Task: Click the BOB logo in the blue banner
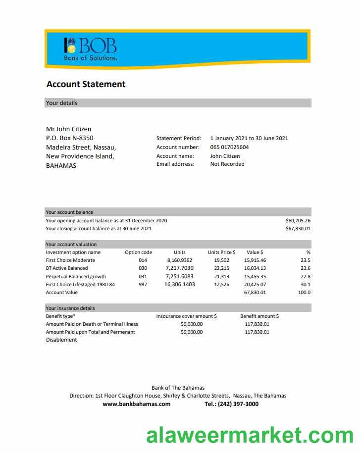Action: coord(91,49)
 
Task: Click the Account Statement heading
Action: coord(86,84)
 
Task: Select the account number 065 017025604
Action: coord(229,147)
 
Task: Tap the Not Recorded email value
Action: coord(227,164)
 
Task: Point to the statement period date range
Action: coord(249,138)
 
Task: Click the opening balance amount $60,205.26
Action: coord(298,220)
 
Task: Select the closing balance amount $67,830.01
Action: coord(298,229)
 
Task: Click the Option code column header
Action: coord(138,252)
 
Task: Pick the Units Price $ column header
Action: coord(221,252)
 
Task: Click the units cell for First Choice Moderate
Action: coord(179,260)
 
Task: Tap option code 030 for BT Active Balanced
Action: coord(143,268)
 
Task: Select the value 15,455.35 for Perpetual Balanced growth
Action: coord(255,276)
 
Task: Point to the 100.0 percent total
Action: coord(304,293)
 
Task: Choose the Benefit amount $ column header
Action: coord(259,316)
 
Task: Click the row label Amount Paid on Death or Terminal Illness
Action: coord(92,324)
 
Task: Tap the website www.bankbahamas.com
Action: coord(136,404)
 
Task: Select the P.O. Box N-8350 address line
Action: coord(69,138)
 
